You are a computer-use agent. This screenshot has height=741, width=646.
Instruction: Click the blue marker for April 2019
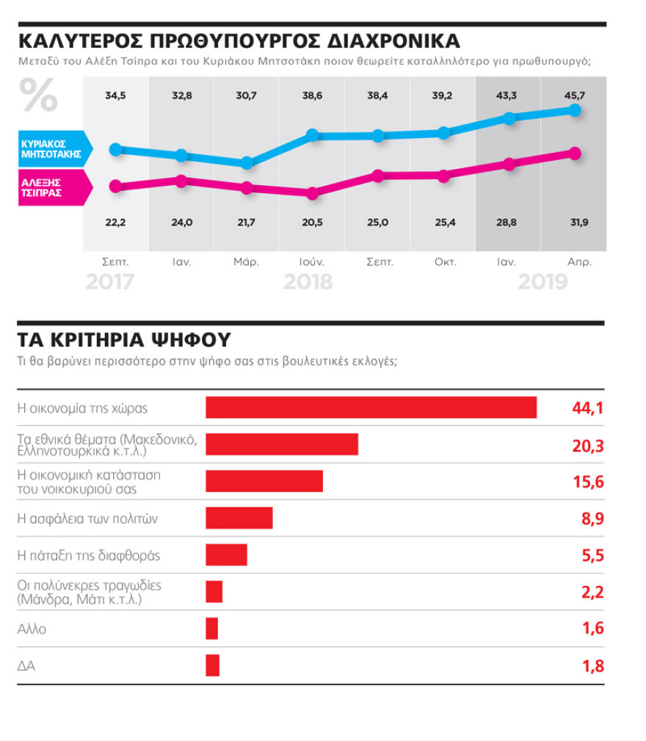pos(575,110)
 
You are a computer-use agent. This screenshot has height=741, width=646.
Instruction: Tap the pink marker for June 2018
pos(312,194)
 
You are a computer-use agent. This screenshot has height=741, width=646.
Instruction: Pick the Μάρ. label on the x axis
pos(246,261)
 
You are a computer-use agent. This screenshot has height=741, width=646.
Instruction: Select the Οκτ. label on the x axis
pos(443,261)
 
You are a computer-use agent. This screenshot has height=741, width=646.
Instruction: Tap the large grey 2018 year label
pos(308,282)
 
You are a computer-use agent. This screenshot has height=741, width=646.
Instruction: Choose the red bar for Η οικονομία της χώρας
pos(371,408)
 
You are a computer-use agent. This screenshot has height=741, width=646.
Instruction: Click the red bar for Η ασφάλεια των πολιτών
pos(239,518)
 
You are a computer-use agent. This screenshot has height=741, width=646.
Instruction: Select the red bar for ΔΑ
pos(212,665)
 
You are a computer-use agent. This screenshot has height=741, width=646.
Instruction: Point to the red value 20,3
pos(587,445)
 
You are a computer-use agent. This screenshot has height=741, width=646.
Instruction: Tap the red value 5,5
pos(592,555)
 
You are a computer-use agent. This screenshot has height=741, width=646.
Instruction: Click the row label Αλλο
pos(31,629)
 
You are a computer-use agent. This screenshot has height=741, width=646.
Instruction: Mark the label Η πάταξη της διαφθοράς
pos(88,555)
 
